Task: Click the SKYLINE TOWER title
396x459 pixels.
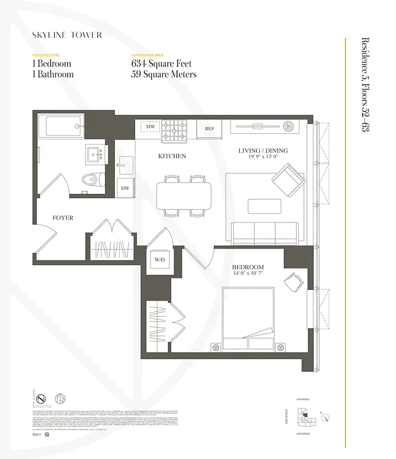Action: coord(67,35)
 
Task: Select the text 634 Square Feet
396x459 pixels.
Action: coord(162,64)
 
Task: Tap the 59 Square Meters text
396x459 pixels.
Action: coord(164,75)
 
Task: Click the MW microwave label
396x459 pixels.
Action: coord(150,127)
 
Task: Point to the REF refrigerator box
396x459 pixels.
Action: coord(209,129)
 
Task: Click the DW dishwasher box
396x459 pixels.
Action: coord(125,188)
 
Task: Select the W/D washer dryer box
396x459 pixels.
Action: coord(159,259)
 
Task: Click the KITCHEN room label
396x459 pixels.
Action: coord(172,156)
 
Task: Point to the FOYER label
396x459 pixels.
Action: coord(63,218)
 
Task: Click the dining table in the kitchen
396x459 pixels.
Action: coord(184,196)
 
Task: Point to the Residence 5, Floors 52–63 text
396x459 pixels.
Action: coord(365,84)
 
